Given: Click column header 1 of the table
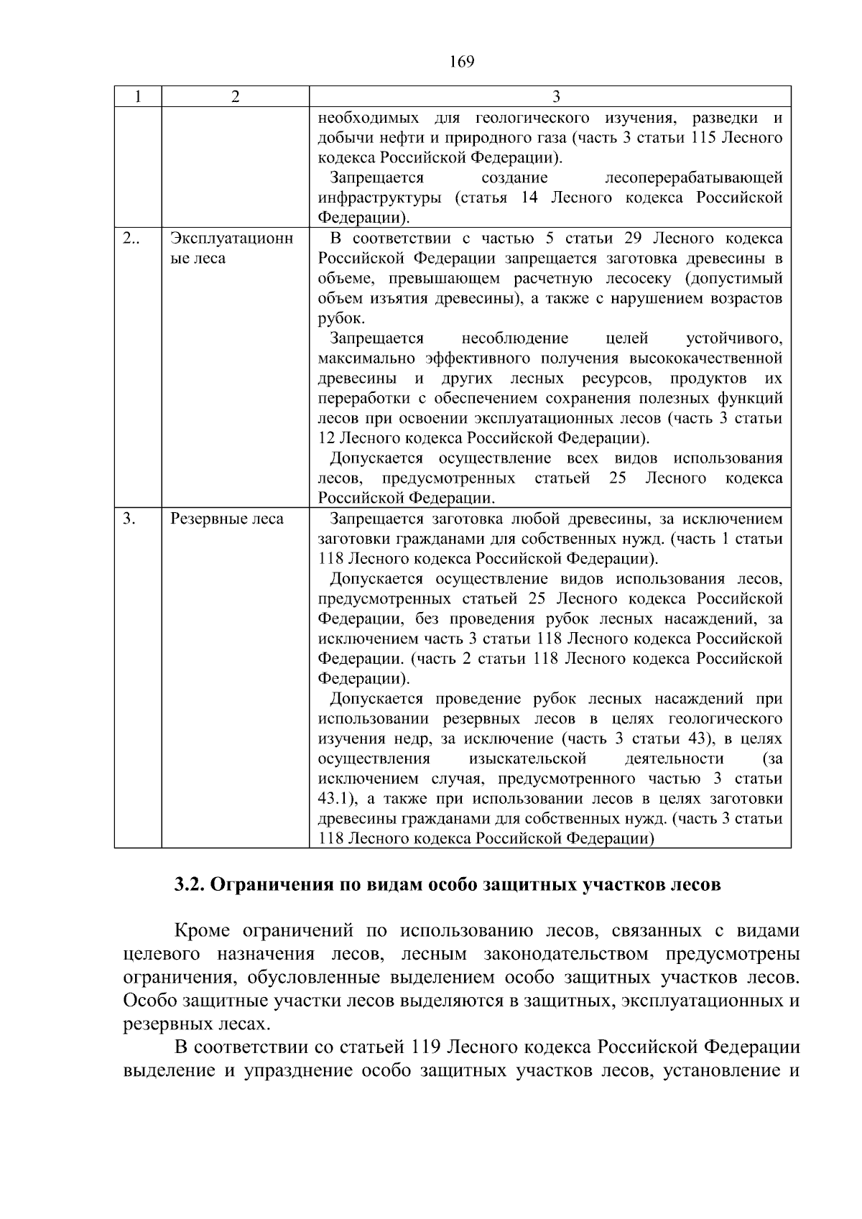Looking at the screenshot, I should pos(137,97).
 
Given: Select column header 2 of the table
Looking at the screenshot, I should pos(235,97).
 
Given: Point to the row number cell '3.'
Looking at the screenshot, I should pos(129,519).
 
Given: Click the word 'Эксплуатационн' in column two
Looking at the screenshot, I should pos(231,238).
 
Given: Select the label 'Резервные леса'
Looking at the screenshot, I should pos(226,519).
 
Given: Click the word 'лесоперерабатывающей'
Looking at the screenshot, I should pos(693,177).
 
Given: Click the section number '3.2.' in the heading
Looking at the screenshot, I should pos(190,884).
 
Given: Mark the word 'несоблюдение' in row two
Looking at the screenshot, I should pos(514,338).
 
